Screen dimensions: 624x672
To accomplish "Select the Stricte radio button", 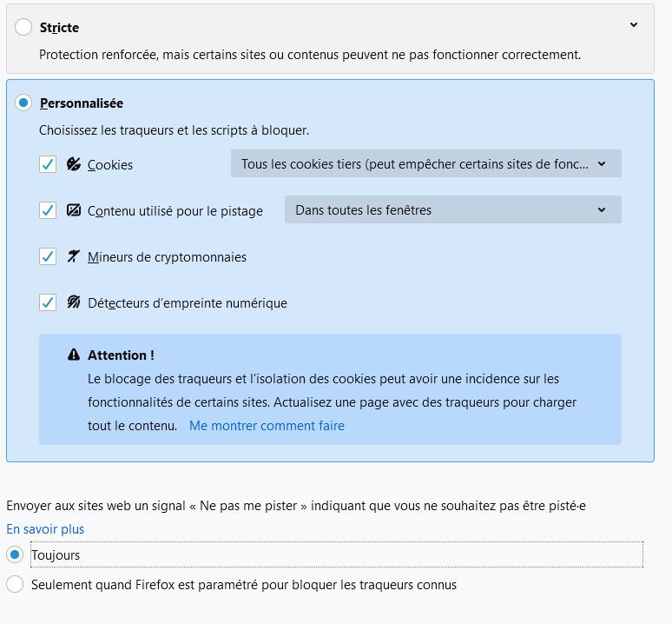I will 23,28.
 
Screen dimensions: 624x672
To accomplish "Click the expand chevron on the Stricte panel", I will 634,25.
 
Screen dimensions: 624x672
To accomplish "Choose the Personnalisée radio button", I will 23,103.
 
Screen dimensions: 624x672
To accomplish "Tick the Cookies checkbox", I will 48,164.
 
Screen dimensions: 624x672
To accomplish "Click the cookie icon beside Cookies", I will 74,164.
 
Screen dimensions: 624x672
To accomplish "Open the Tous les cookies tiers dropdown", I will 425,164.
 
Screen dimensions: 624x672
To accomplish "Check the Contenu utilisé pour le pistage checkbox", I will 48,210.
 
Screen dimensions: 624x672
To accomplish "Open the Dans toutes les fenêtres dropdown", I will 452,210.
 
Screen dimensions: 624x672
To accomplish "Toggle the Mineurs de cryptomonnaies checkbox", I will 48,257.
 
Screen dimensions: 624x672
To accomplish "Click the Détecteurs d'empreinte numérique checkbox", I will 48,303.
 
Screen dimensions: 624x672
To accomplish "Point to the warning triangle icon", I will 74,355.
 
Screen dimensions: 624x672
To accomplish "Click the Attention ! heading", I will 121,355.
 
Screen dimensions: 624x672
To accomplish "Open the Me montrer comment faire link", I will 267,426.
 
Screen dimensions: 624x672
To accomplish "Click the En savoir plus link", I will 45,529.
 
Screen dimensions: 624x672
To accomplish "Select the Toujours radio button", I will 15,554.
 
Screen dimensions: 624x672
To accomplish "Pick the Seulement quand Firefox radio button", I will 15,585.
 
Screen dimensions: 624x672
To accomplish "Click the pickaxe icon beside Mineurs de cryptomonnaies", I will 74,257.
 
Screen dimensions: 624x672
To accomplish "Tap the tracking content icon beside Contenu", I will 74,210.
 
